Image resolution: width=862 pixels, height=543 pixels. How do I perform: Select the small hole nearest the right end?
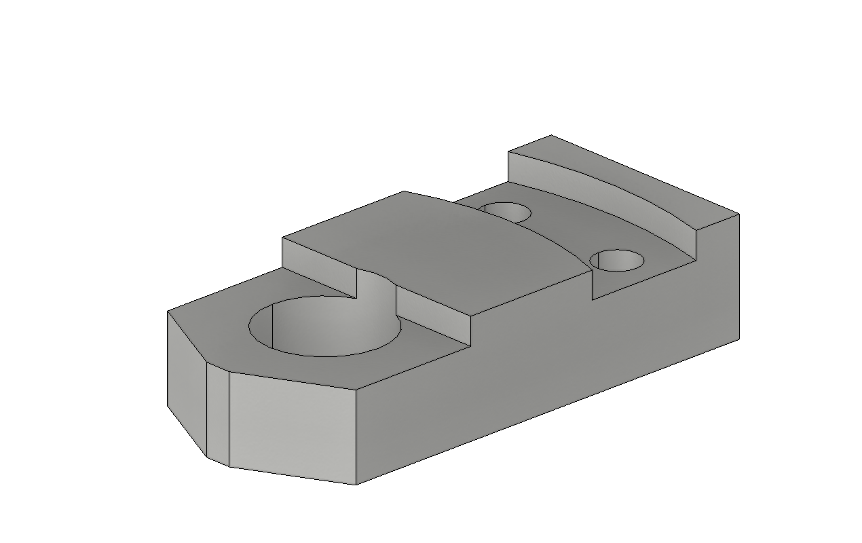coord(616,260)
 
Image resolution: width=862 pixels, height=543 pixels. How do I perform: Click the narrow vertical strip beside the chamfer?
coord(218,415)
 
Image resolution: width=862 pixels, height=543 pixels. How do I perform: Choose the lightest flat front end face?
coord(292,428)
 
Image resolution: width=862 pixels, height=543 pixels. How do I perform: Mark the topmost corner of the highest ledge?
coord(551,136)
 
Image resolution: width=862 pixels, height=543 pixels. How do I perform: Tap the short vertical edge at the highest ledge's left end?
coord(508,166)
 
